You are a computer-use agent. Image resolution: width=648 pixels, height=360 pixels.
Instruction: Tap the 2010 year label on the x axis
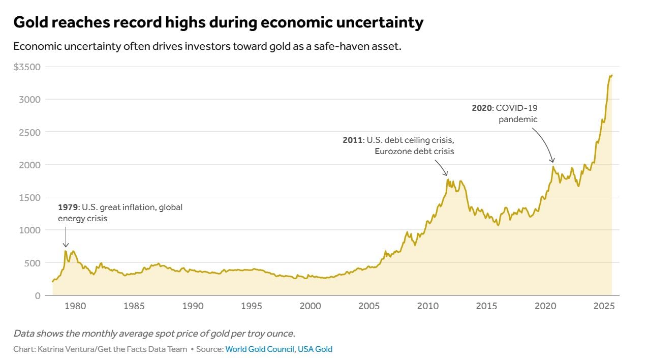[428, 306]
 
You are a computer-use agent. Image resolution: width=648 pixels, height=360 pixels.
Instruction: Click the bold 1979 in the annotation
[68, 207]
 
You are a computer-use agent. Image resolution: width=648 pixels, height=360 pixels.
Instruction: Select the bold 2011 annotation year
[352, 140]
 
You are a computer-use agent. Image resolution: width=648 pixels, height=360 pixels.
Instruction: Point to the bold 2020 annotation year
[482, 108]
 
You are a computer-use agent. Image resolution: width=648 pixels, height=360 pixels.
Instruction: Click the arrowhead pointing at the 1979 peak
[66, 246]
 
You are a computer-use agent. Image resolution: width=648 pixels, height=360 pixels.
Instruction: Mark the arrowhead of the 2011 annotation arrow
[446, 174]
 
